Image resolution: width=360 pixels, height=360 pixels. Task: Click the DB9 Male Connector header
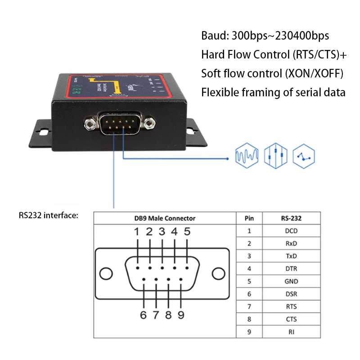click(165, 218)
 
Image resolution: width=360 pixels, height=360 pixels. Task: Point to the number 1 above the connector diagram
click(136, 232)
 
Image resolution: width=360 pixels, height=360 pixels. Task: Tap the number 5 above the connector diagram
click(187, 232)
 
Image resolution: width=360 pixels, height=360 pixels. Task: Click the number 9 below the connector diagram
click(181, 315)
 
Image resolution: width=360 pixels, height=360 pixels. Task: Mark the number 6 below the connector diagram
click(143, 315)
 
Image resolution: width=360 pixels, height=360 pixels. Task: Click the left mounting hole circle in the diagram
click(106, 274)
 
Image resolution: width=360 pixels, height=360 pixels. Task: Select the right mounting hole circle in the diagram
click(218, 274)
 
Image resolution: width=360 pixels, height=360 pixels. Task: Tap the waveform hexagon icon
click(247, 156)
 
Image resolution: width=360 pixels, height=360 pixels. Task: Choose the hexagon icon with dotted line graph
click(304, 156)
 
